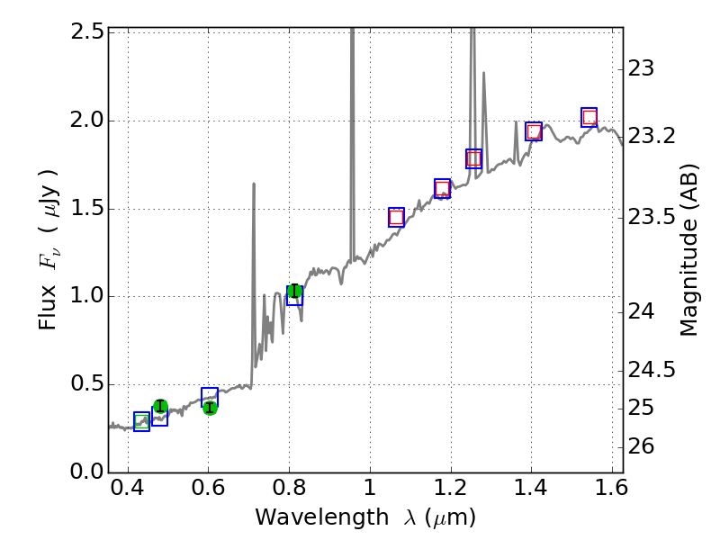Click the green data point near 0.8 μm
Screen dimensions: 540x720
point(294,291)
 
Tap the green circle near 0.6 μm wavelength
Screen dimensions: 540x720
point(210,408)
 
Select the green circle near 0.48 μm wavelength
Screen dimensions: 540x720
point(160,406)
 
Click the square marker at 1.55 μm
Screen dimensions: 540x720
point(589,117)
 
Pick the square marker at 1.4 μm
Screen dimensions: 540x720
point(534,131)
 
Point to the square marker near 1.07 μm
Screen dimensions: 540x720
point(396,217)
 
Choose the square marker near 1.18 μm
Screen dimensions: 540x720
point(442,188)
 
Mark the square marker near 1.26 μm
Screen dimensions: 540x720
point(473,158)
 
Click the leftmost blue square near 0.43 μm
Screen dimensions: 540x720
point(141,421)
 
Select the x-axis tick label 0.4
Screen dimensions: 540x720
point(128,492)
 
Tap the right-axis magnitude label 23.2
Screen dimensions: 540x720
point(652,136)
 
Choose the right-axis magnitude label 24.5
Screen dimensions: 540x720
point(652,370)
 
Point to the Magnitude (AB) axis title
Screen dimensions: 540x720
point(689,249)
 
